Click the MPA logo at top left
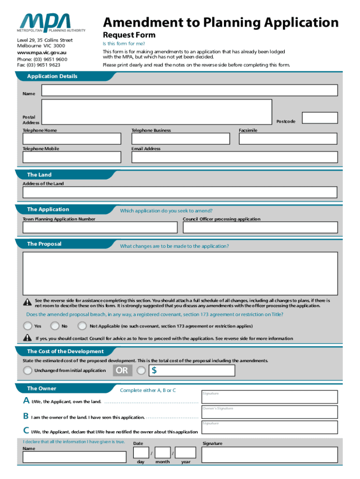click(x=52, y=23)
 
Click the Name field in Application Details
click(x=189, y=90)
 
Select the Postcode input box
click(x=320, y=117)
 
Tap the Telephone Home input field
click(x=72, y=139)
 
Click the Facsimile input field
click(x=288, y=139)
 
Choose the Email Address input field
click(x=234, y=157)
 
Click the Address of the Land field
click(x=180, y=192)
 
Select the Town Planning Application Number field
click(x=100, y=227)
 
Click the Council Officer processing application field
click(x=260, y=227)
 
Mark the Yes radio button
click(x=28, y=326)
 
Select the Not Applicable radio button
click(x=83, y=326)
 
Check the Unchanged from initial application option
click(x=28, y=371)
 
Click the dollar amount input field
click(x=192, y=371)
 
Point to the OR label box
click(x=122, y=371)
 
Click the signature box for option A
click(x=269, y=397)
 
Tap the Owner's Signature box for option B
click(x=269, y=412)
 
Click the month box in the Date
click(x=163, y=452)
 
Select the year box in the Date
click(x=186, y=452)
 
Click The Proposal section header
click(x=44, y=244)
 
